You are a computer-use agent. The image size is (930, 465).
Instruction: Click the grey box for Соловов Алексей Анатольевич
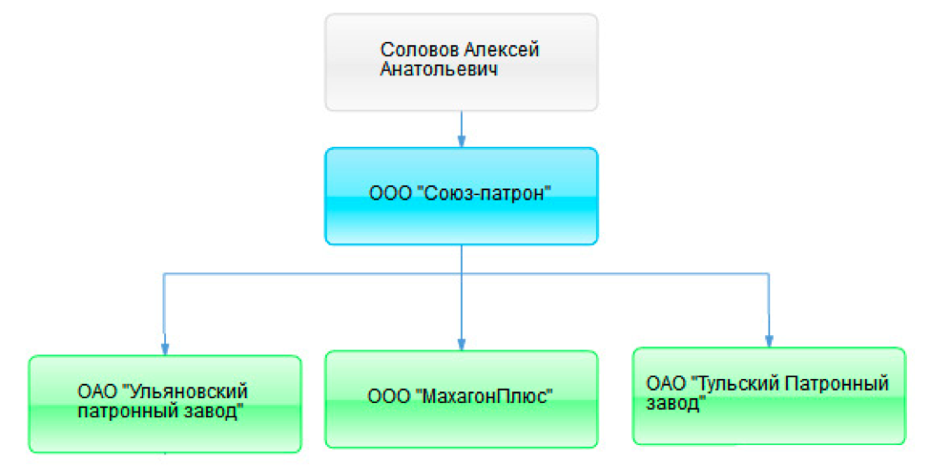click(462, 62)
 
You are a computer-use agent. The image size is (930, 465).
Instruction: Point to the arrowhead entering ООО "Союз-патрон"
click(462, 140)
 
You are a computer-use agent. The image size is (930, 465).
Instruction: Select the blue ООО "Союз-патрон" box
click(462, 196)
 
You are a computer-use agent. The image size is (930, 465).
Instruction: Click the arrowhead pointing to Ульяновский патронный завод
click(165, 349)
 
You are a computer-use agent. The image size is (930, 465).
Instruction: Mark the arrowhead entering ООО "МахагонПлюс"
click(462, 344)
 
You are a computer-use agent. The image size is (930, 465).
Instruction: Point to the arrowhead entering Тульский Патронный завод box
click(769, 340)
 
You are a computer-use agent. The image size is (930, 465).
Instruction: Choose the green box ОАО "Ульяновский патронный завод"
click(165, 404)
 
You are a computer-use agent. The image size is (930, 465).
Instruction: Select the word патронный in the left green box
click(125, 411)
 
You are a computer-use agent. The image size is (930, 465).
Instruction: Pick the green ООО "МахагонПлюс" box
click(462, 399)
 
